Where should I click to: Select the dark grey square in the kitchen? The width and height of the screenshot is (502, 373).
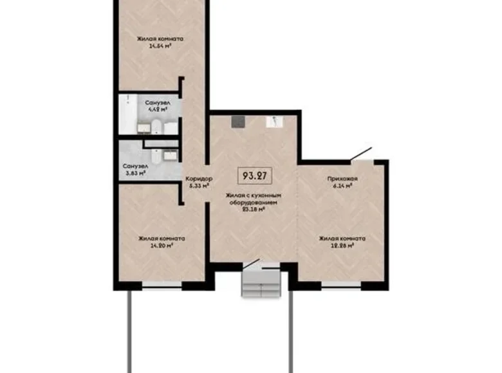(x=239, y=121)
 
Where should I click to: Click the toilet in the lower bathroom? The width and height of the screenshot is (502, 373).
(x=156, y=154)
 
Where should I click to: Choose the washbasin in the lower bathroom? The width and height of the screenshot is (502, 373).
(x=171, y=154)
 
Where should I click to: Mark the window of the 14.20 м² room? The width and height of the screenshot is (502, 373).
(x=162, y=284)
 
